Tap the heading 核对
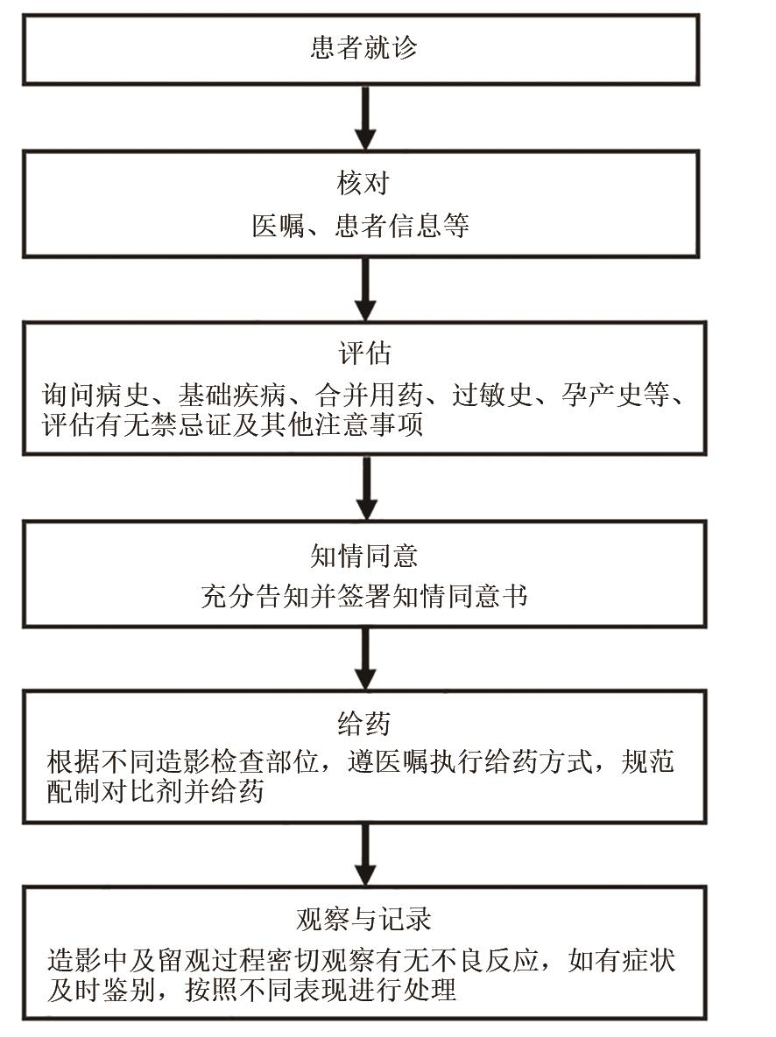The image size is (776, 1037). point(363,185)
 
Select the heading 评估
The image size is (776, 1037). point(363,354)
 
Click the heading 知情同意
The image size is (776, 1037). point(363,555)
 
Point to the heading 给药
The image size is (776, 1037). point(363,724)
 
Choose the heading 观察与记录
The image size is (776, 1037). point(363,920)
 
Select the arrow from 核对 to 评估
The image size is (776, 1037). point(366,289)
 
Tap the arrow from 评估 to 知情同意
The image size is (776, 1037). point(366,487)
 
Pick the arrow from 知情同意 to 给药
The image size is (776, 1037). point(366,658)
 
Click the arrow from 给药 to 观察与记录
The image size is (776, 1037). point(366,853)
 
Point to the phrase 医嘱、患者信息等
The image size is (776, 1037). point(361,227)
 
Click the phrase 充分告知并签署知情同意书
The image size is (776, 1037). point(363,597)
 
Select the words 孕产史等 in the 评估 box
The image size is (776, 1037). point(617,396)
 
